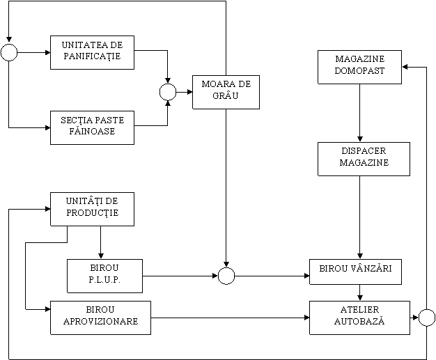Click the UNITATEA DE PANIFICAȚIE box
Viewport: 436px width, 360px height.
[92, 52]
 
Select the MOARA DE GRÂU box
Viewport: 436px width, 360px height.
[226, 92]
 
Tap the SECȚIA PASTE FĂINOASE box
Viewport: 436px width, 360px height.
[92, 127]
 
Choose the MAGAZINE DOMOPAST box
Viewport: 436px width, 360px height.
[359, 67]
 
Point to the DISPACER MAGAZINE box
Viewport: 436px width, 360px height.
[364, 159]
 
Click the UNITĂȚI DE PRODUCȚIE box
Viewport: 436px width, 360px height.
[92, 209]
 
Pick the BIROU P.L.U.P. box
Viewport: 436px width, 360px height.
[104, 276]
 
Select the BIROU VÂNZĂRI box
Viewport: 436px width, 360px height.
[355, 271]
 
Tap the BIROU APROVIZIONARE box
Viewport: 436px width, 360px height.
[100, 318]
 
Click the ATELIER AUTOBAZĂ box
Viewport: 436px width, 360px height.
[359, 318]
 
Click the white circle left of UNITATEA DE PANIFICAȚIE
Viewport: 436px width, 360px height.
[9, 52]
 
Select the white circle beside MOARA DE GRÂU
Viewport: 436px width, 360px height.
[168, 92]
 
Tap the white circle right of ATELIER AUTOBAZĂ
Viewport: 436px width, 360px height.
[427, 318]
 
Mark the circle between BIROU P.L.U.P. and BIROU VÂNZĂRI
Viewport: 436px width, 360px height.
[226, 276]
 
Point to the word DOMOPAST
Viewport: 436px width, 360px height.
[359, 72]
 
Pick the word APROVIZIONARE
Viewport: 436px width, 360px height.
[100, 322]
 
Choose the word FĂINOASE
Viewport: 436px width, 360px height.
[92, 132]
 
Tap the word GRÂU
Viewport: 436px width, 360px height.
[226, 97]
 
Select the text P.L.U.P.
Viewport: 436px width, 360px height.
[104, 281]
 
